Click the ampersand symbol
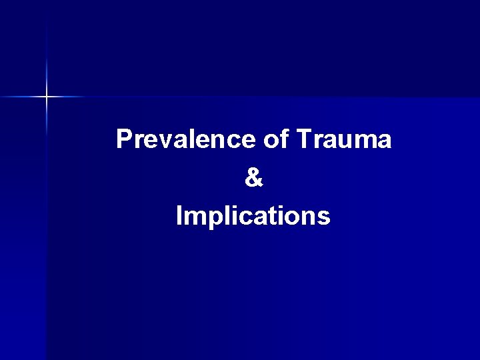254,177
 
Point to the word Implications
253,216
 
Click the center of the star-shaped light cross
47,97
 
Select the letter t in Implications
269,216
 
